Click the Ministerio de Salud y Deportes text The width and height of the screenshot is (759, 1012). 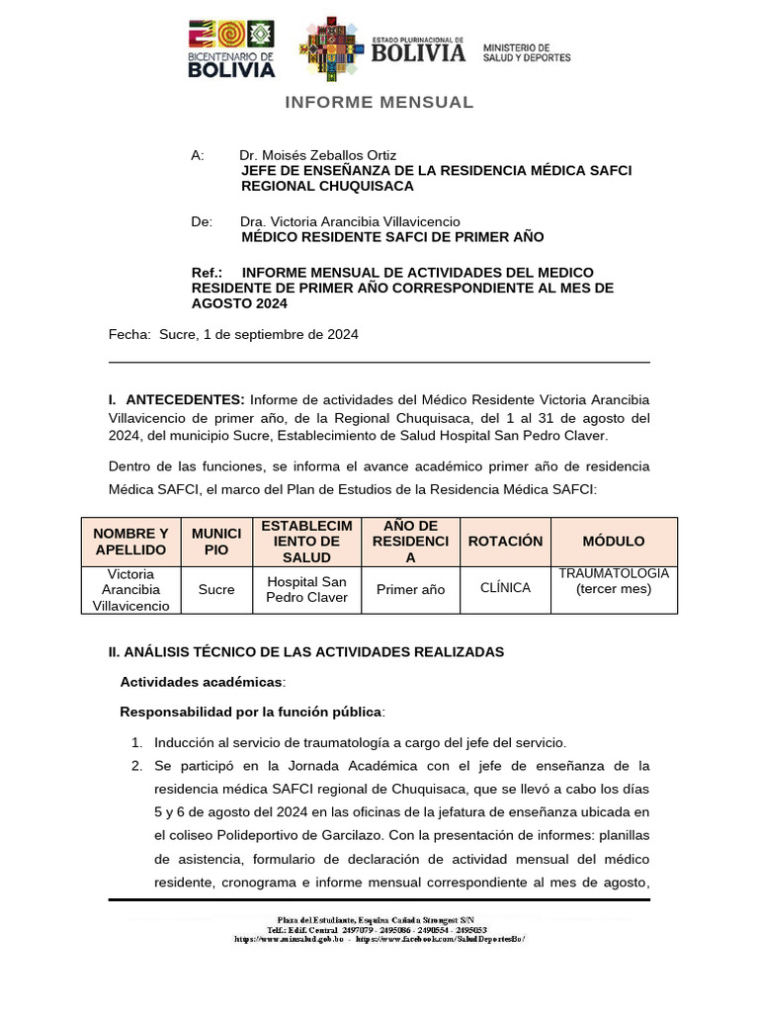(x=526, y=52)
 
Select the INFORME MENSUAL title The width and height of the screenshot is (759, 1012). (x=379, y=102)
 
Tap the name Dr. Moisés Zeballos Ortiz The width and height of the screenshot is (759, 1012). (x=317, y=155)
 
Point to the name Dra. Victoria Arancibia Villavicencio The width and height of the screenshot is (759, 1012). (x=350, y=221)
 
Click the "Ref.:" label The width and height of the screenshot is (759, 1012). (x=207, y=272)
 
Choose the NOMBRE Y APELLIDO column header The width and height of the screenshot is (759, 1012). (x=130, y=542)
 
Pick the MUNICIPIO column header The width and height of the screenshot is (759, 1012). (x=216, y=542)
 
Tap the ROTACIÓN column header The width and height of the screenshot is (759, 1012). (x=505, y=542)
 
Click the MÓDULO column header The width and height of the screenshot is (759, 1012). (x=613, y=542)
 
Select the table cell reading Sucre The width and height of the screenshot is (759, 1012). (x=216, y=589)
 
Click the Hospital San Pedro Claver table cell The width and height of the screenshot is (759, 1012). (x=306, y=589)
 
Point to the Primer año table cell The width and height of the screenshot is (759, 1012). (x=410, y=589)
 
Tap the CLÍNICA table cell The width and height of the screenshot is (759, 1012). (x=505, y=588)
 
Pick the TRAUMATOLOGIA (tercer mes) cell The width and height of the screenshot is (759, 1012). (x=613, y=581)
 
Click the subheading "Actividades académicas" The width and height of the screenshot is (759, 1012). (x=202, y=682)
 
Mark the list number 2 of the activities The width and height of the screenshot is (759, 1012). (x=136, y=766)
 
